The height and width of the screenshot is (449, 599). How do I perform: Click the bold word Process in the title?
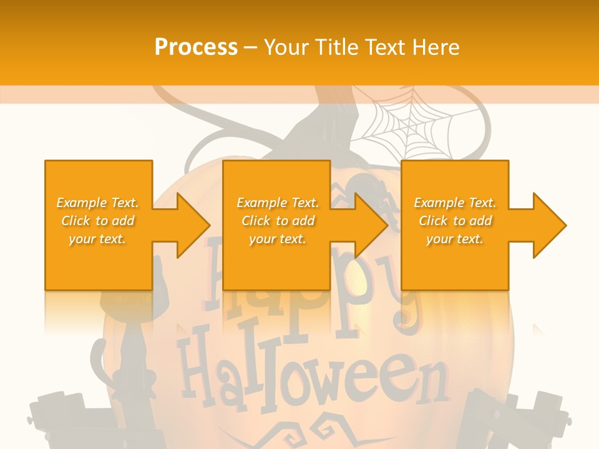point(196,47)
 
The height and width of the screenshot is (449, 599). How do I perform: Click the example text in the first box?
point(98,221)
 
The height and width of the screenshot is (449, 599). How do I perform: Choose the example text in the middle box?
point(278,221)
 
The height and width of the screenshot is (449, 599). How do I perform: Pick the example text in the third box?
point(455,221)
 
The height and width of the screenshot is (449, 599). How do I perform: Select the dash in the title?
point(251,47)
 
